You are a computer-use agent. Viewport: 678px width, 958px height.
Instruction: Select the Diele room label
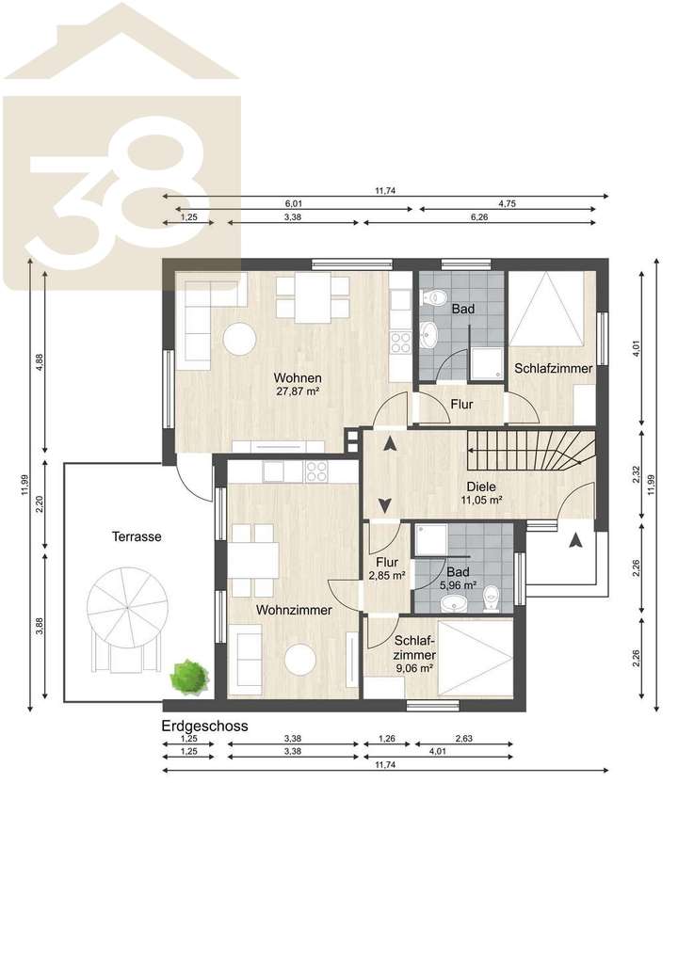click(x=480, y=487)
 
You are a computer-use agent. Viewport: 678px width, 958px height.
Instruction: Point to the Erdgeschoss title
click(x=204, y=726)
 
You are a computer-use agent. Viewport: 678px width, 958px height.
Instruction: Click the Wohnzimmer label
click(x=294, y=610)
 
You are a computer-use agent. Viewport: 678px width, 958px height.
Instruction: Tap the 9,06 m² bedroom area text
click(x=414, y=667)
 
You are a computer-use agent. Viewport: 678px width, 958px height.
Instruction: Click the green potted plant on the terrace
click(x=188, y=675)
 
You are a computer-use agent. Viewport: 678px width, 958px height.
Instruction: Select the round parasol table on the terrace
click(x=128, y=609)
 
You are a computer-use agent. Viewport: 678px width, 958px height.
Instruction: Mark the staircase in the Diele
click(x=532, y=453)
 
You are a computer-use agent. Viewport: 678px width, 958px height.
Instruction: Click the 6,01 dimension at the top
click(x=294, y=203)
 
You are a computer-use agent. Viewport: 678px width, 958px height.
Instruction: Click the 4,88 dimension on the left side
click(x=39, y=362)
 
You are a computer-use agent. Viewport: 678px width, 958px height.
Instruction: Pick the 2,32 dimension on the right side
click(x=637, y=475)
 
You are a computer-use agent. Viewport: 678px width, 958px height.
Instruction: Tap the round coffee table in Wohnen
click(x=239, y=339)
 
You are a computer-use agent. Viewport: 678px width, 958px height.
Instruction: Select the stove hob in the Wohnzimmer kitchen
click(x=316, y=471)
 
